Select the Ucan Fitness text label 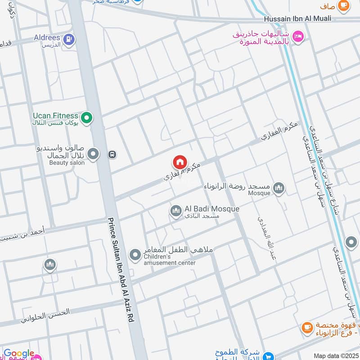[55, 116]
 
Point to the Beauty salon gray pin [93, 155]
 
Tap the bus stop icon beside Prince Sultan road [112, 154]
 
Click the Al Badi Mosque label [211, 209]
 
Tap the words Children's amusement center [169, 260]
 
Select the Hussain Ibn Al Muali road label [297, 18]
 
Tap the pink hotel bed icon [297, 35]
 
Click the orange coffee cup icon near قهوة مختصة [307, 327]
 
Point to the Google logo [19, 354]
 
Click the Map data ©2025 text [335, 355]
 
